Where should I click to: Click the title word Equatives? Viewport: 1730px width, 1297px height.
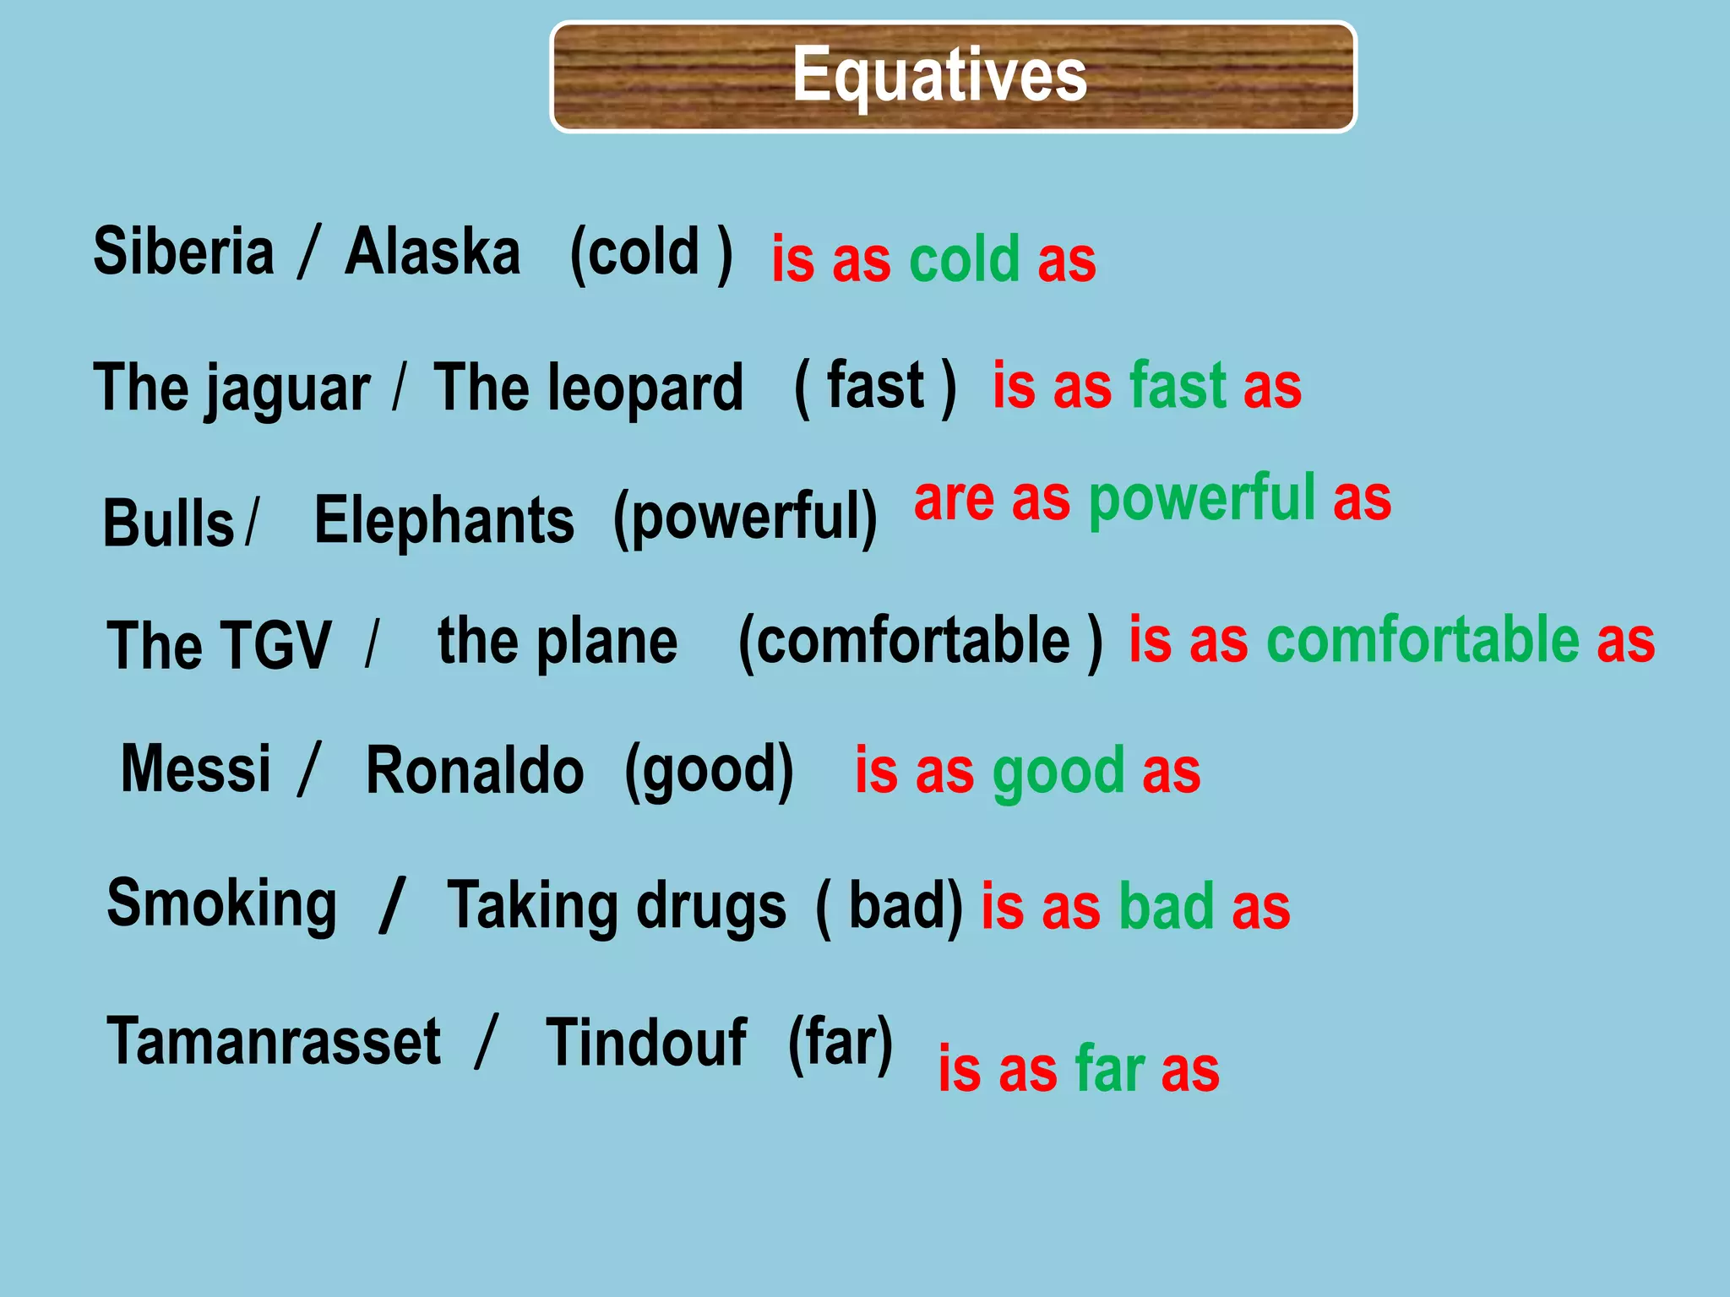939,76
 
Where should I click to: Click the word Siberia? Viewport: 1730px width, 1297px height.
183,252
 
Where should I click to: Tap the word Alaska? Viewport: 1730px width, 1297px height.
432,252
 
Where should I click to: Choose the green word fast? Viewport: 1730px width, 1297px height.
1178,386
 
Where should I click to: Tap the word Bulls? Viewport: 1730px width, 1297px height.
168,524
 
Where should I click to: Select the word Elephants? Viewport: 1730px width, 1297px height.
444,520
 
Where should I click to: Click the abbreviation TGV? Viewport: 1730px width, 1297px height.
274,646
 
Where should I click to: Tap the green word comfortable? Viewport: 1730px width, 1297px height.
1423,640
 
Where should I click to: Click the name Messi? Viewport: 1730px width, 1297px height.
196,768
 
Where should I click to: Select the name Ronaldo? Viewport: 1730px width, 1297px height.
474,771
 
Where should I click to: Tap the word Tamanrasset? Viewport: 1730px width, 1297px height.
273,1041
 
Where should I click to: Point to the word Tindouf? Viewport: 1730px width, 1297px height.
645,1043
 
